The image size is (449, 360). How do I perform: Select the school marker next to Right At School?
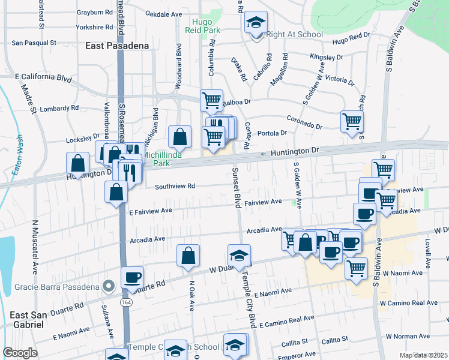256,23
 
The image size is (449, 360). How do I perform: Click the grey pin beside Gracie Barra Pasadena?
108,286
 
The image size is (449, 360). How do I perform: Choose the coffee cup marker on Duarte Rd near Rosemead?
133,277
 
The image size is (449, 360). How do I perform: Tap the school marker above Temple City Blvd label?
240,255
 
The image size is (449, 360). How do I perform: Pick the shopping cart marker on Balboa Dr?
211,100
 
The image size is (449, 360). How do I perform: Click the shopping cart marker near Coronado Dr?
352,121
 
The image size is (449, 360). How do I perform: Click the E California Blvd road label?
43,78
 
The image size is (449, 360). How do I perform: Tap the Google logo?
20,353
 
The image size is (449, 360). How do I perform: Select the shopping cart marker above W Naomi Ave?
357,268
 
